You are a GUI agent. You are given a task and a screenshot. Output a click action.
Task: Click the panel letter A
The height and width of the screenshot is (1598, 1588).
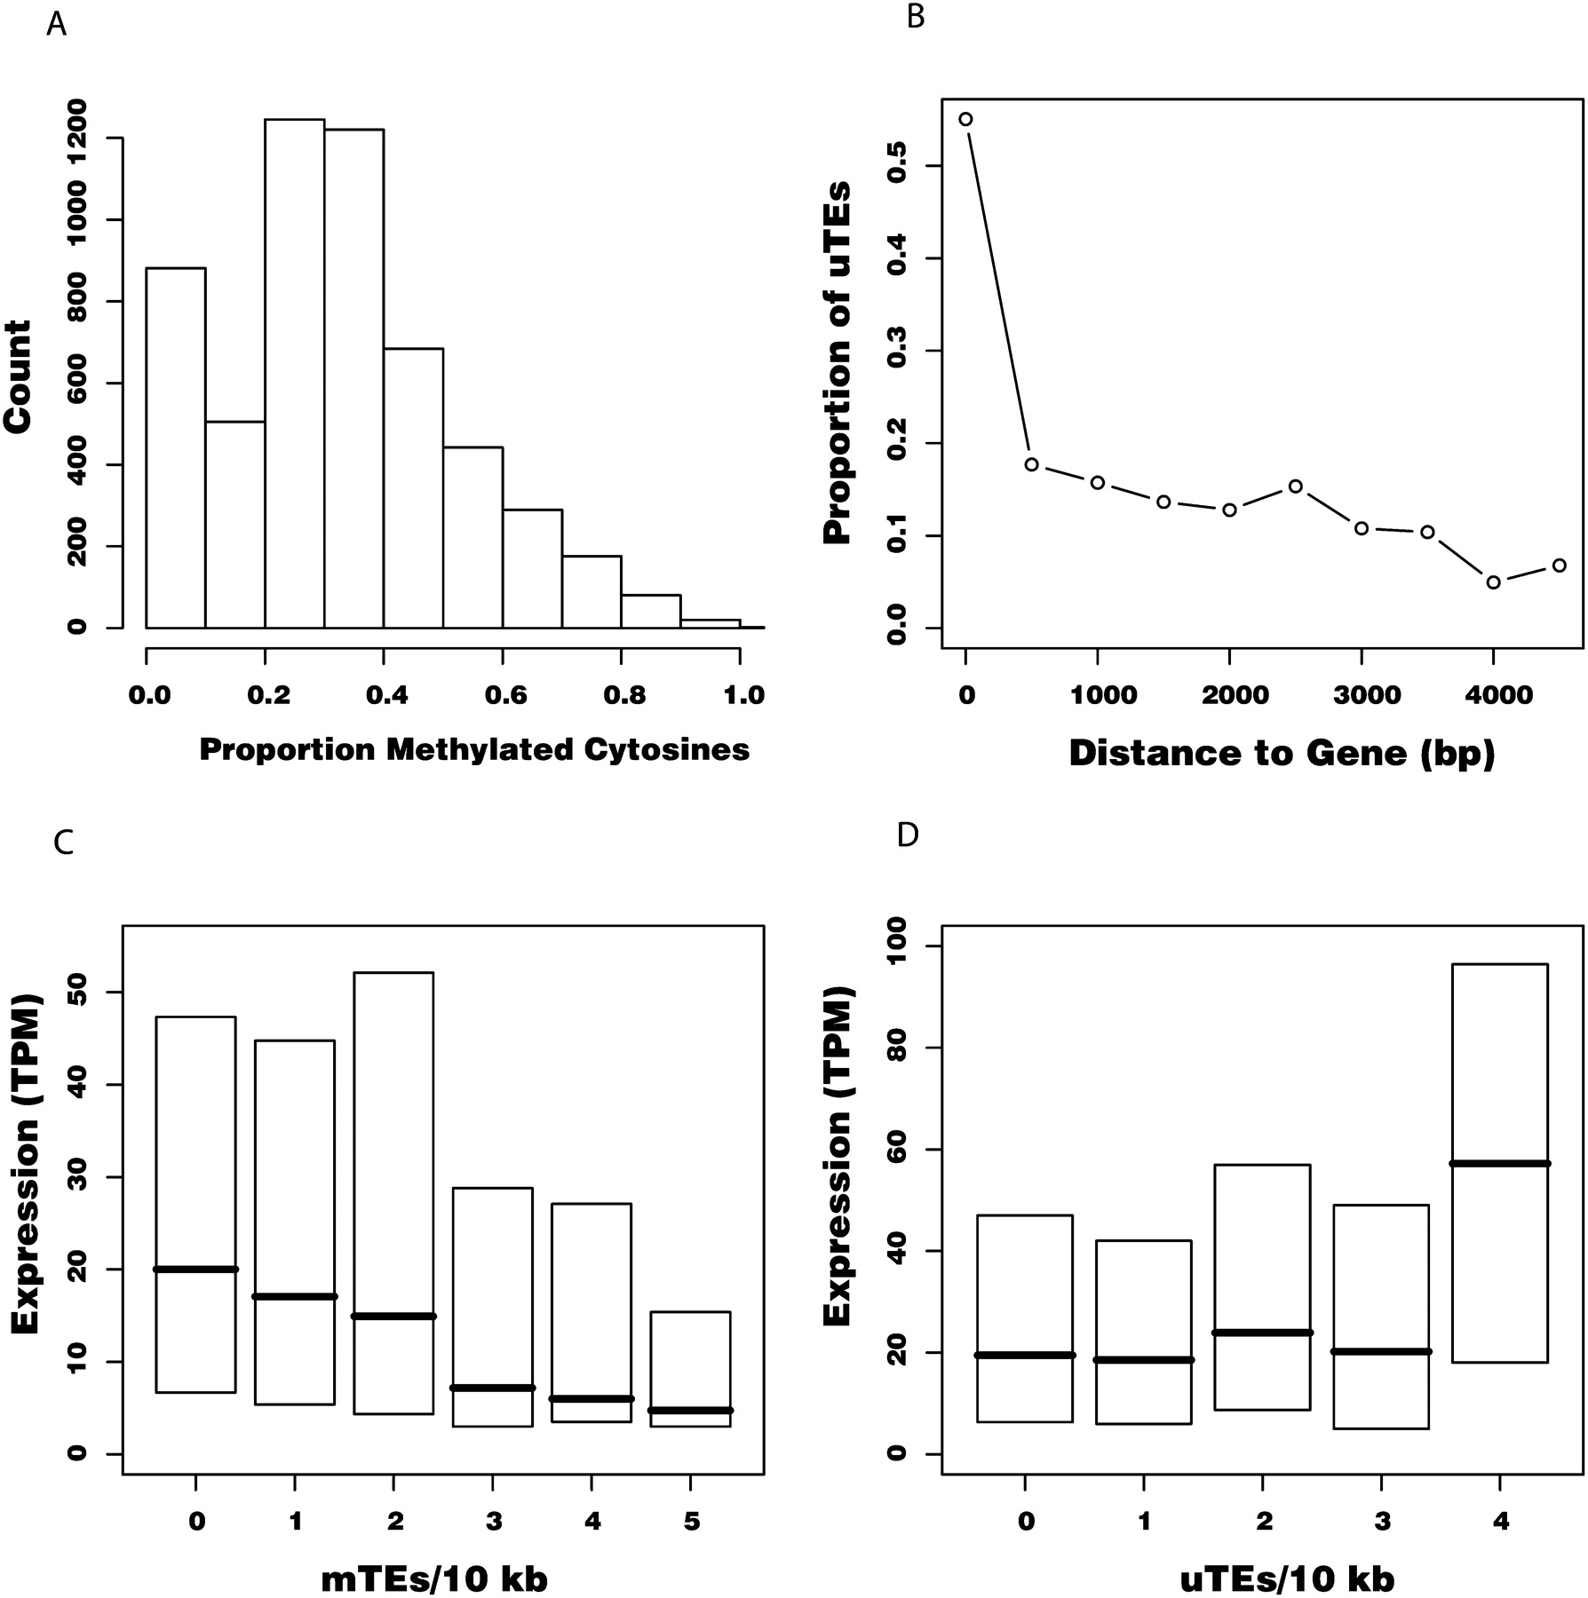(56, 25)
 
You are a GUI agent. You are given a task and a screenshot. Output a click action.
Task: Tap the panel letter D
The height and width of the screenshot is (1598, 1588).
(907, 835)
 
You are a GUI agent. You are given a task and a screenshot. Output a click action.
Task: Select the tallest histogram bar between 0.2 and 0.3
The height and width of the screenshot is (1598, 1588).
(294, 373)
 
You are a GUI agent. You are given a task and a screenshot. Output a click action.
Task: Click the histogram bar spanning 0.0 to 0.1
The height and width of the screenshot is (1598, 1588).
(176, 447)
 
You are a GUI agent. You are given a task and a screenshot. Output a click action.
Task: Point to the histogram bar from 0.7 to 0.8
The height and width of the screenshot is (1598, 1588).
(592, 591)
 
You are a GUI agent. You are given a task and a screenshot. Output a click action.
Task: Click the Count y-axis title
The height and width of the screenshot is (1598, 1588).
(19, 376)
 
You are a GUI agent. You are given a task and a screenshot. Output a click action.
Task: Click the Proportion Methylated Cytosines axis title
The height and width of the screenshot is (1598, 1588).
(474, 750)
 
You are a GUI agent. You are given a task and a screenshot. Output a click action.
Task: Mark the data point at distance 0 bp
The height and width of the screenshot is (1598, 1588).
(965, 119)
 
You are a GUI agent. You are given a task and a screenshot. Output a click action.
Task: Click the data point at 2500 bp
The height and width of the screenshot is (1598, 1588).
(1295, 487)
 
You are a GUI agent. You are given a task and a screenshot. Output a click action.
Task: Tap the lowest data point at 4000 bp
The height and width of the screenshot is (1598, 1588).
(1494, 582)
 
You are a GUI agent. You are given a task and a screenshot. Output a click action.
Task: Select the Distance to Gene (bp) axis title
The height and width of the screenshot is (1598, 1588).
(1282, 754)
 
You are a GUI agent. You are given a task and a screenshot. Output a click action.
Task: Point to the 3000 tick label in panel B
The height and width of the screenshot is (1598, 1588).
(1362, 695)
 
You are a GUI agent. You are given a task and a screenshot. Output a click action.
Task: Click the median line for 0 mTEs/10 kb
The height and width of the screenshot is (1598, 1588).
(195, 1270)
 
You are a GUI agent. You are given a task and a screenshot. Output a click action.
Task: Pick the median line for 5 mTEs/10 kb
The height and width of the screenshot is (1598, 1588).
(690, 1411)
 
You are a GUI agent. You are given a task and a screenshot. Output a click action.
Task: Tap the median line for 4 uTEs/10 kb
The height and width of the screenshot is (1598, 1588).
(1499, 1163)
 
